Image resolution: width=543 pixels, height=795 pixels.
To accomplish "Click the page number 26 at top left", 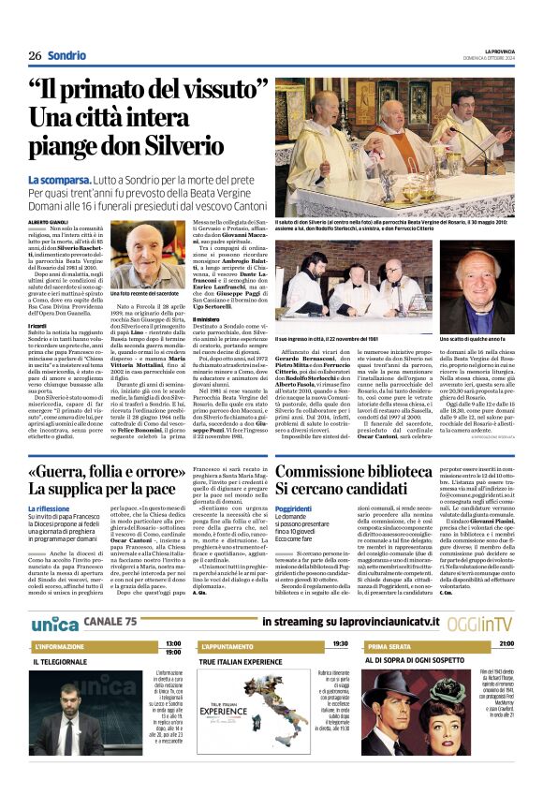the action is [x=35, y=56].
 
